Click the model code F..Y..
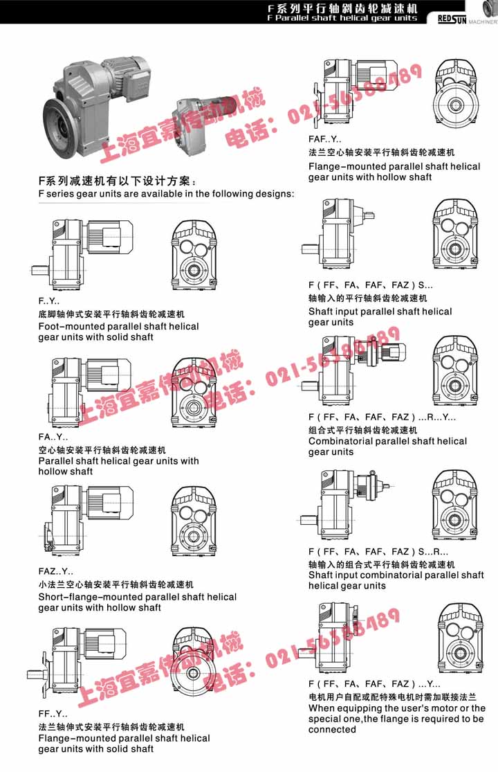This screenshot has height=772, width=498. pyautogui.click(x=49, y=302)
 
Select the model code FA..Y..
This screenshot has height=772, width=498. pyautogui.click(x=53, y=437)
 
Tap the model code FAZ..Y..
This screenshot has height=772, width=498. pyautogui.click(x=56, y=572)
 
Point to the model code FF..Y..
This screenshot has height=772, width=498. pyautogui.click(x=53, y=713)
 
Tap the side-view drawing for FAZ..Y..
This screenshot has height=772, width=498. pyautogui.click(x=86, y=520)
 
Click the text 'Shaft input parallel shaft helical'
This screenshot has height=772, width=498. pyautogui.click(x=380, y=312)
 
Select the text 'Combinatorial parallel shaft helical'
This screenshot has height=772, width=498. pyautogui.click(x=387, y=441)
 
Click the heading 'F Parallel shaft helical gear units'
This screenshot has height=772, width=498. pyautogui.click(x=342, y=18)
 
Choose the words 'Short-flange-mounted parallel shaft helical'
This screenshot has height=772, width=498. pyautogui.click(x=137, y=597)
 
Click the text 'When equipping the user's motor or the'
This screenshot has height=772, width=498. pyautogui.click(x=397, y=708)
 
